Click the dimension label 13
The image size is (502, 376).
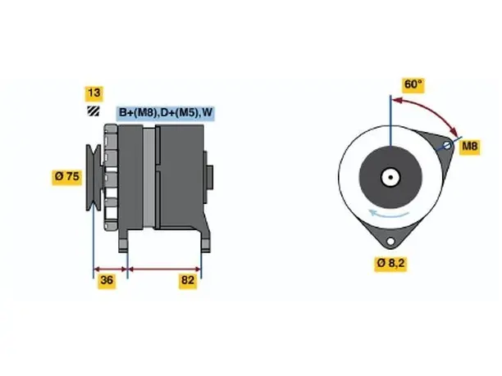(94, 93)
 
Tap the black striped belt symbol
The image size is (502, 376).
(94, 111)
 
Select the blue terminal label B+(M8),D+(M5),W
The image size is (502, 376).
(165, 112)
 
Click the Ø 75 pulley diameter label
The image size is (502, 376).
(67, 176)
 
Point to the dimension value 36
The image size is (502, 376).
(107, 280)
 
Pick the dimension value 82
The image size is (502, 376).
(188, 280)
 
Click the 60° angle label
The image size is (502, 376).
(413, 84)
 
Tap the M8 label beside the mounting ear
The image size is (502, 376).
(470, 147)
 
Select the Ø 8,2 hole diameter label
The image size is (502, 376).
(390, 263)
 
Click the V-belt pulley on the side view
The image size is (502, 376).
(94, 178)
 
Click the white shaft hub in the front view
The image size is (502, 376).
(390, 177)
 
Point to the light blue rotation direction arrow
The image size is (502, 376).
(388, 214)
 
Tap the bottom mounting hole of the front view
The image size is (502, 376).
(390, 242)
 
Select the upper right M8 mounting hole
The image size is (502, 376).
(447, 146)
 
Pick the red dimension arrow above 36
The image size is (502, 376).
(111, 270)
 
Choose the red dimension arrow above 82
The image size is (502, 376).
(164, 270)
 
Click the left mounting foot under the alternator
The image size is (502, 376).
(123, 241)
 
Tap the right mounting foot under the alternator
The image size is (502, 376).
(206, 241)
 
